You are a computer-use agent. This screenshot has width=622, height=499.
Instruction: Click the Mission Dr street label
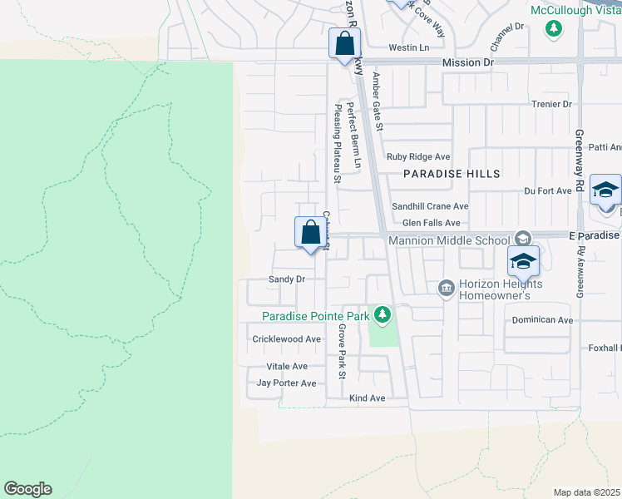tap(468, 62)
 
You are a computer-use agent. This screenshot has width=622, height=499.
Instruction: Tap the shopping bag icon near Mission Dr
tap(343, 44)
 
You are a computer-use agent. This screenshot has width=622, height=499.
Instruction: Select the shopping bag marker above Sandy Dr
tap(309, 232)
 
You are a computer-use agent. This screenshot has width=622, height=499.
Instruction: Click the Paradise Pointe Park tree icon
tap(382, 315)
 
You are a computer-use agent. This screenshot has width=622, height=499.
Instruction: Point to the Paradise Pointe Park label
tap(316, 316)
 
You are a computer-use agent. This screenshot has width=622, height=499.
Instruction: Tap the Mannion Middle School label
tap(449, 240)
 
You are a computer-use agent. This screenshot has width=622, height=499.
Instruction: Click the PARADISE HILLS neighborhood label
tap(452, 174)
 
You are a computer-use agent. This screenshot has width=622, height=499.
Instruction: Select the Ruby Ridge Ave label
tap(418, 156)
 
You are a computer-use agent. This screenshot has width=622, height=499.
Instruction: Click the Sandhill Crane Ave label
tap(431, 206)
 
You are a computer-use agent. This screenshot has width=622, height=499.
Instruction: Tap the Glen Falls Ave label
tap(431, 223)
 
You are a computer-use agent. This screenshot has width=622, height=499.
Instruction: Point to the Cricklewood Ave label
tap(287, 339)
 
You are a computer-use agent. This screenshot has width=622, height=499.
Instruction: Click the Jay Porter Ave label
tap(287, 383)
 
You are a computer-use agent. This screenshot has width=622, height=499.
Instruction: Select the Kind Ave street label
tap(367, 398)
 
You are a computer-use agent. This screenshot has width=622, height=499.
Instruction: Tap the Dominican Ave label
tap(542, 319)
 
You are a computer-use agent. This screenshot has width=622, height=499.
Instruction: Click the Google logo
tap(27, 489)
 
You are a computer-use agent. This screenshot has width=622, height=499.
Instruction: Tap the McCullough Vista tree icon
tap(553, 29)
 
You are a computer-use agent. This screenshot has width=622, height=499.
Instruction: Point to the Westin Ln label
tap(408, 47)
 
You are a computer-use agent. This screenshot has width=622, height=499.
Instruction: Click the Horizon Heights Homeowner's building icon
tap(446, 288)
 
